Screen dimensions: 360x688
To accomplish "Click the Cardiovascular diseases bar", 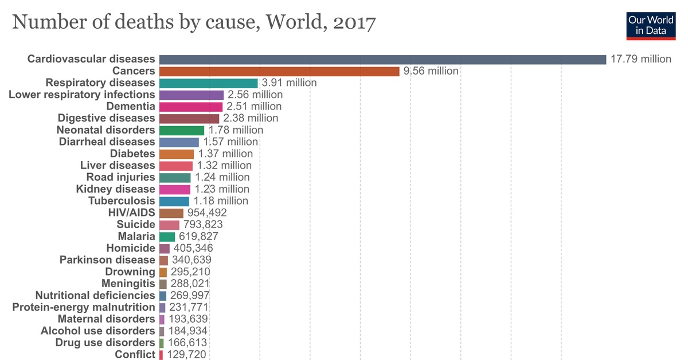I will (x=382, y=59).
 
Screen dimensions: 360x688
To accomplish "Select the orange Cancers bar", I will (x=279, y=71).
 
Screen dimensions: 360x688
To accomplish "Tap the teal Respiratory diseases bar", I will (x=209, y=83).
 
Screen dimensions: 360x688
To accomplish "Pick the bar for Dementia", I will (x=191, y=107).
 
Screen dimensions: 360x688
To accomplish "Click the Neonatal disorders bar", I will (x=182, y=130).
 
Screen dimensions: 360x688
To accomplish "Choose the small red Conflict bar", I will (x=161, y=355).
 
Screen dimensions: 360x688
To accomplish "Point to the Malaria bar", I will (x=167, y=236).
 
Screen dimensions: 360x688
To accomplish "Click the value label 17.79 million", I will (x=641, y=59).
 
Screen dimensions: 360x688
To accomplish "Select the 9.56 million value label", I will (x=431, y=71).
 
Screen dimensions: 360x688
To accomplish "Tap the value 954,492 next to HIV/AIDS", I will (x=208, y=213).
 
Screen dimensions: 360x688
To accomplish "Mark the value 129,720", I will (x=186, y=355).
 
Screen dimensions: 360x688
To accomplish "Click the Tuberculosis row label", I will (x=122, y=201).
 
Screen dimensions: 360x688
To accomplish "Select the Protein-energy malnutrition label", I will (x=84, y=307).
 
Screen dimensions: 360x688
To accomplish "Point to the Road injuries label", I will (x=121, y=177).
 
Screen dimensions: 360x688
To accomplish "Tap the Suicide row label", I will (x=136, y=224).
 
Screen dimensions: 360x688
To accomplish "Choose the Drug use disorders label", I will (x=105, y=343).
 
